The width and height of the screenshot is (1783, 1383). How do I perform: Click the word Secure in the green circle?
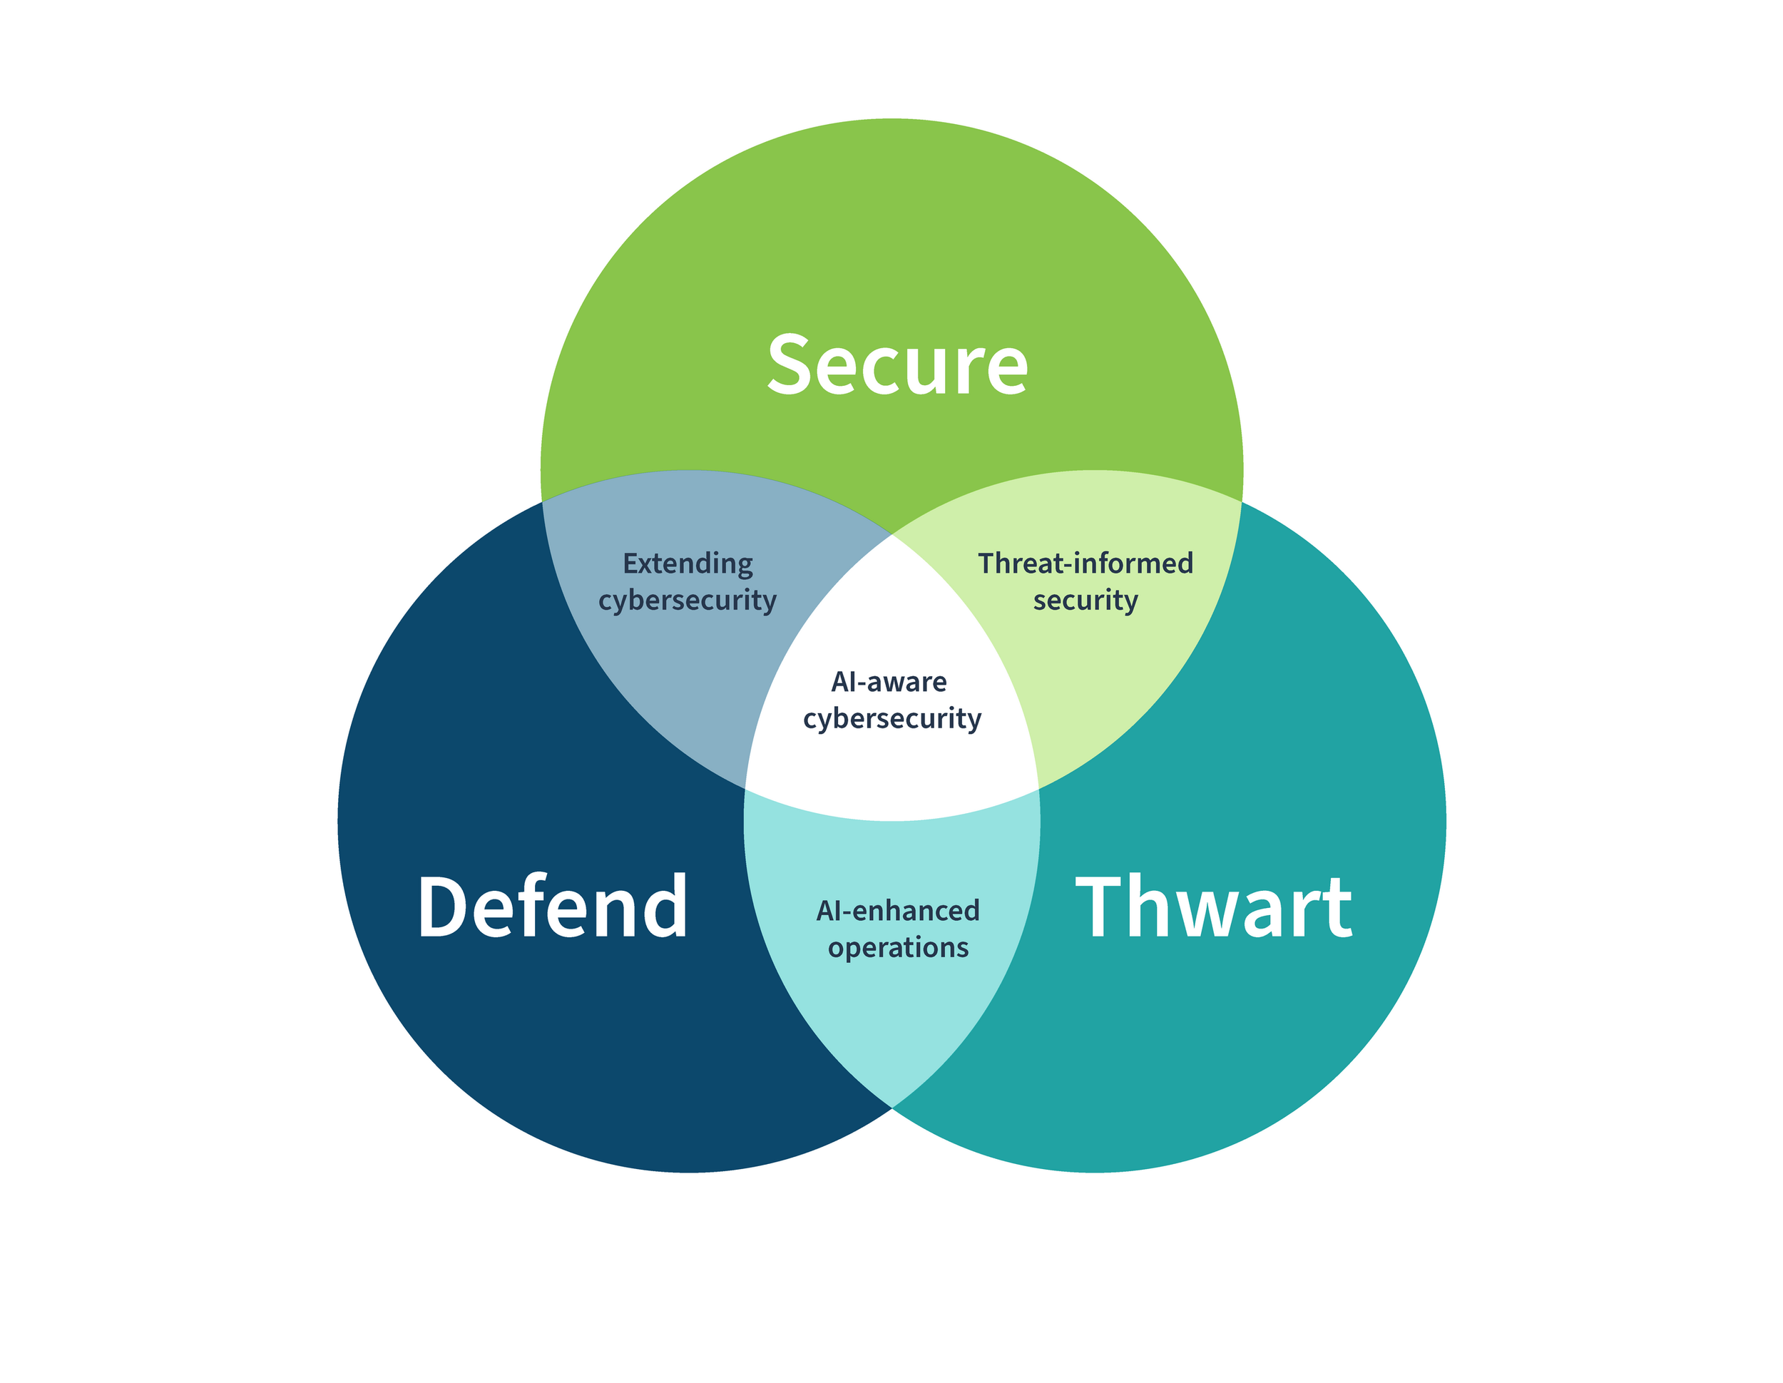(897, 366)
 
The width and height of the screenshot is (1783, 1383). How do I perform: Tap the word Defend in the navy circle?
(553, 907)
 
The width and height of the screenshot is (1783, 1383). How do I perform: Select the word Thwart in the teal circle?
(1214, 907)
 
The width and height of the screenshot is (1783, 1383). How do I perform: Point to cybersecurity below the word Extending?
(688, 601)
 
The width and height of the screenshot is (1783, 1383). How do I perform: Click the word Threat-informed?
(1085, 563)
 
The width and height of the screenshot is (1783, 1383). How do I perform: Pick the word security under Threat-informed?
(1085, 601)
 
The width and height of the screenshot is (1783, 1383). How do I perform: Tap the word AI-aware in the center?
(889, 682)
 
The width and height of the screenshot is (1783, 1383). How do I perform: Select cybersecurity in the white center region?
(891, 719)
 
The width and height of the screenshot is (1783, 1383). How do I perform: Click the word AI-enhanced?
(897, 910)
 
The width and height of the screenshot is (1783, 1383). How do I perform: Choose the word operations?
(898, 948)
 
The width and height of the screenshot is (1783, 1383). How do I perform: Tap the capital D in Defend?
(441, 907)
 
